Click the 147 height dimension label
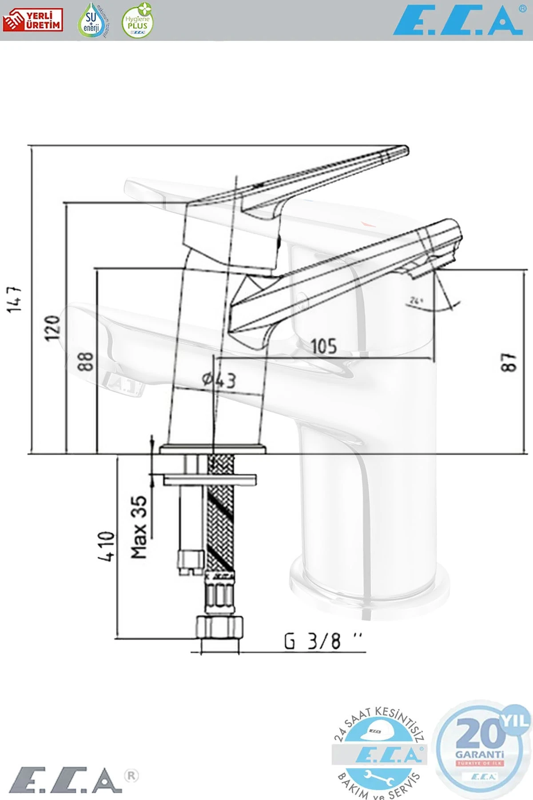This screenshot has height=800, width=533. tap(15, 298)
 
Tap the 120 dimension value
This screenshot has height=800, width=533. tap(53, 328)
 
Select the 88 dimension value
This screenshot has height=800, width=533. tap(85, 361)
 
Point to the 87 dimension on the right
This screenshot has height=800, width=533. tap(509, 362)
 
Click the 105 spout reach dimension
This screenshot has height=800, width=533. tap(324, 346)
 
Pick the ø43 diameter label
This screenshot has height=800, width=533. tap(219, 380)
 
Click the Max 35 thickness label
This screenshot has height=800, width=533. tap(139, 527)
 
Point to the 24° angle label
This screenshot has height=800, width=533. tap(416, 300)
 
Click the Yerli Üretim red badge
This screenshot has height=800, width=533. tap(33, 20)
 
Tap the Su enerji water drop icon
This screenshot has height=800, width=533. tap(92, 20)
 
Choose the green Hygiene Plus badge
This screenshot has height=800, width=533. tap(137, 20)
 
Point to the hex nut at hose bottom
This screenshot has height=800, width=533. tap(220, 627)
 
